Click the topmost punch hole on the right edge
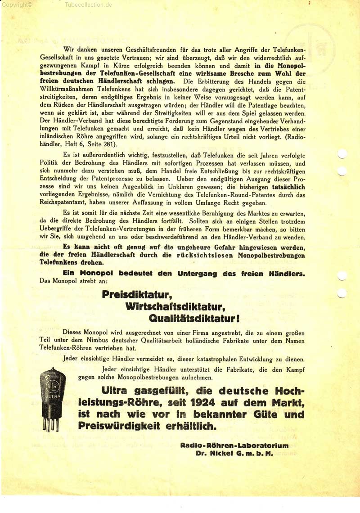point(342,154)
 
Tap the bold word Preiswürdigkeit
point(116,426)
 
